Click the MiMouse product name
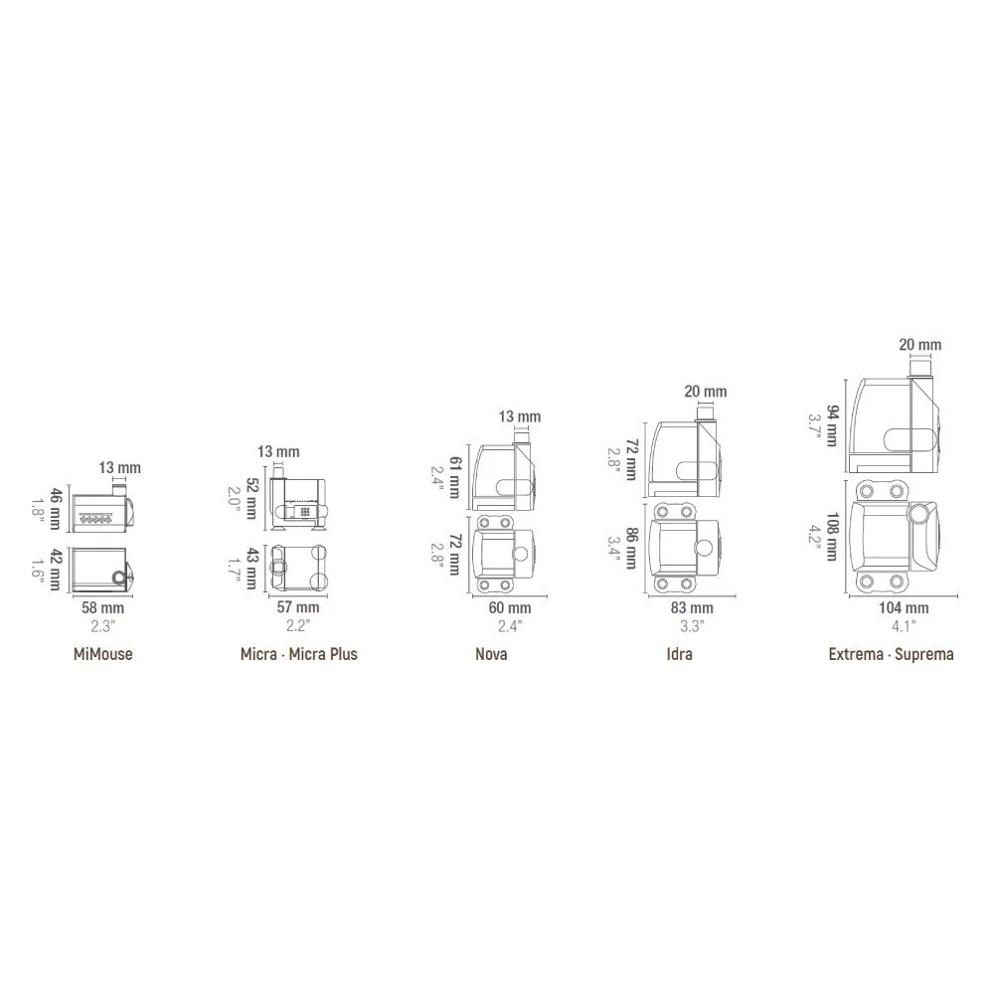tap(102, 654)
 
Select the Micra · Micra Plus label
tap(298, 654)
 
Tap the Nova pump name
tap(491, 654)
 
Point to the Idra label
tap(679, 654)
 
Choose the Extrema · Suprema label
tap(891, 654)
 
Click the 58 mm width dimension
tap(102, 608)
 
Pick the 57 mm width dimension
tap(298, 607)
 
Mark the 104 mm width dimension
tap(904, 608)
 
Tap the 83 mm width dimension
tap(692, 608)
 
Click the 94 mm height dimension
tap(832, 426)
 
